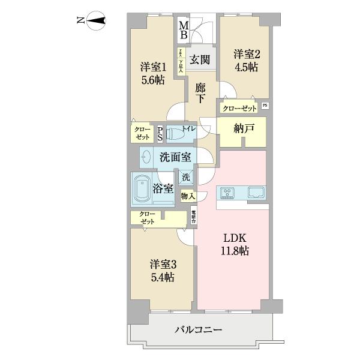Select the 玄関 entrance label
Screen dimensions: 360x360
[x=199, y=59]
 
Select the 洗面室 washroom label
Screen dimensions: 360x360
[x=175, y=158]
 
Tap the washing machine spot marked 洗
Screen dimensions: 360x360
[x=186, y=178]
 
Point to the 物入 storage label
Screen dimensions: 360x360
[x=188, y=196]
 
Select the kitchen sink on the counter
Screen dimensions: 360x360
[x=254, y=193]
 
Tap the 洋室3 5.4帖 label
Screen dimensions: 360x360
[x=161, y=271]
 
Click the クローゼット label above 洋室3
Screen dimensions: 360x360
[x=147, y=218]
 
